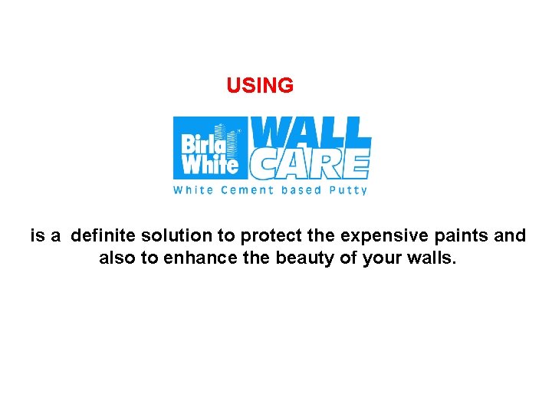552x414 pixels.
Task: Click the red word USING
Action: click(x=260, y=86)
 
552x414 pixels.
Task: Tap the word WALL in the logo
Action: click(x=311, y=133)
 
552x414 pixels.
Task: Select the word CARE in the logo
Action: click(x=310, y=163)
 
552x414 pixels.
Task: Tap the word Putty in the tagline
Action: click(x=348, y=190)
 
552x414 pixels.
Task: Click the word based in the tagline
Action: click(x=301, y=190)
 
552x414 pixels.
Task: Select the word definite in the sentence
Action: click(x=103, y=236)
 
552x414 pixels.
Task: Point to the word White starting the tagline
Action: click(x=193, y=190)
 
